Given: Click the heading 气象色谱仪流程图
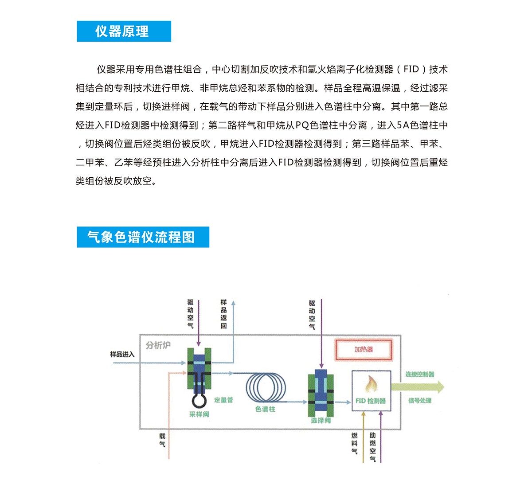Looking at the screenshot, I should [141, 237].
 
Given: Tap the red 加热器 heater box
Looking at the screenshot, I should [364, 349].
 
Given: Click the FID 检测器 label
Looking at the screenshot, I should [371, 401].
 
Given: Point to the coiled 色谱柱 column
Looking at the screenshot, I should [266, 387].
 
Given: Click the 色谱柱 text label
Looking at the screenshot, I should [265, 409].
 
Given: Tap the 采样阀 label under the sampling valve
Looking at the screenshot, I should [199, 414].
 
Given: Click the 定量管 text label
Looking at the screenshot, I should [223, 400].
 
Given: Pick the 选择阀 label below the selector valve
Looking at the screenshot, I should [321, 420].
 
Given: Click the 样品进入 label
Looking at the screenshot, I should [122, 355].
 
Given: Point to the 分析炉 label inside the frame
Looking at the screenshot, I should [158, 345].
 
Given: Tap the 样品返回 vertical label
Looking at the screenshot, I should [224, 314].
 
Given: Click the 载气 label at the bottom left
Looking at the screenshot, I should [162, 440].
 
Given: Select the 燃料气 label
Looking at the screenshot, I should [354, 443].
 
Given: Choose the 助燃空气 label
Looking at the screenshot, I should [373, 447].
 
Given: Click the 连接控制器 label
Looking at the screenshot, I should [419, 375].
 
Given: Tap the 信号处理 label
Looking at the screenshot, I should [419, 401].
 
